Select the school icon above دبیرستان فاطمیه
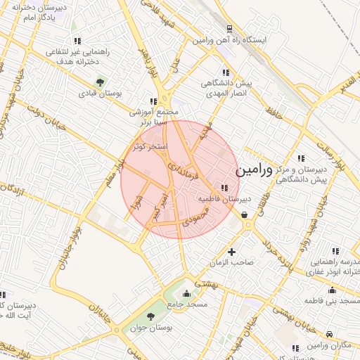pos(224,188)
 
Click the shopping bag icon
pos(245,214)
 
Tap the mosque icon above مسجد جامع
pos(186,293)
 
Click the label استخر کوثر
pos(151,147)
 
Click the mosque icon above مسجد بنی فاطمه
pos(331,290)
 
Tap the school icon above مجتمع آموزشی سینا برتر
pos(153,101)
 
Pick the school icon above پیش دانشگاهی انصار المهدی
pos(226,72)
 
